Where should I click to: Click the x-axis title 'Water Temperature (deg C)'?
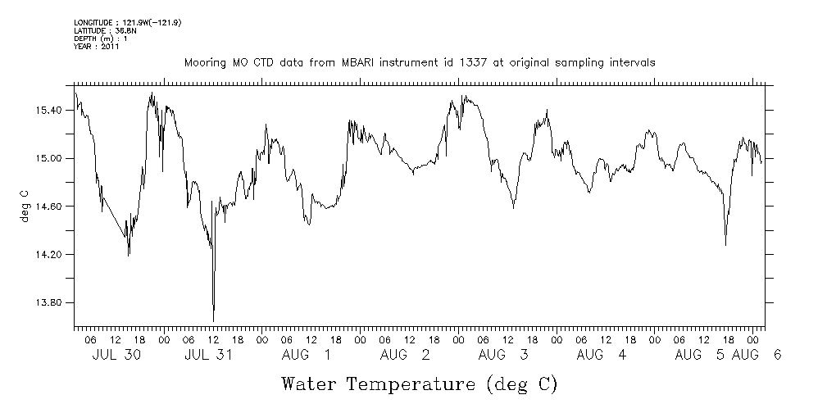pyautogui.click(x=420, y=383)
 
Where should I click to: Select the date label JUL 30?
pyautogui.click(x=112, y=355)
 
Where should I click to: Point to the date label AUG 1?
pyautogui.click(x=307, y=355)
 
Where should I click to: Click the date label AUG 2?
pyautogui.click(x=405, y=355)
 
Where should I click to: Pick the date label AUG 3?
pyautogui.click(x=503, y=355)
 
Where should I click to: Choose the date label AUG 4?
pyautogui.click(x=602, y=355)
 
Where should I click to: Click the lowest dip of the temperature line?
pyautogui.click(x=213, y=320)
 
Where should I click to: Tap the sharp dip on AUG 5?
pyautogui.click(x=725, y=244)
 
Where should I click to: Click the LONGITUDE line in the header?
pyautogui.click(x=127, y=23)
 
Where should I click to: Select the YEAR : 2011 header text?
pyautogui.click(x=97, y=47)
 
